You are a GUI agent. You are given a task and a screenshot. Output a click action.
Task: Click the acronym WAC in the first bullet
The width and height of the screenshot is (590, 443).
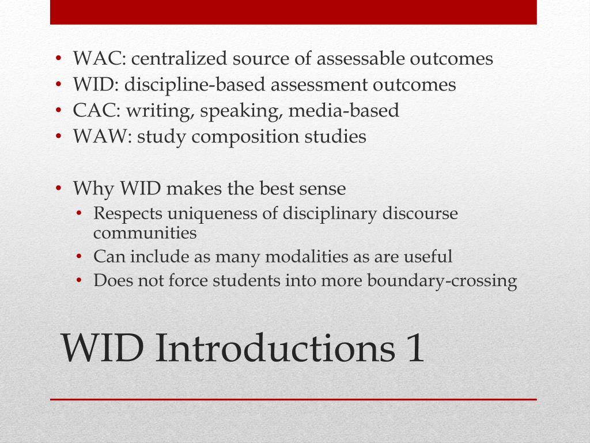tap(93, 59)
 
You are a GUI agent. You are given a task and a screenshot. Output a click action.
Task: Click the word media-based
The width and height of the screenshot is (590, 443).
tap(344, 111)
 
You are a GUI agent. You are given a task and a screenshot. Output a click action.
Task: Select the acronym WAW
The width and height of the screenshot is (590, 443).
tap(94, 137)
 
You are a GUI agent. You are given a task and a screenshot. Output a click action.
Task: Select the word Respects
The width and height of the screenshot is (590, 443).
tap(127, 214)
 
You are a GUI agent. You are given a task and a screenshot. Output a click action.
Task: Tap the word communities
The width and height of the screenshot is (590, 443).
tap(145, 233)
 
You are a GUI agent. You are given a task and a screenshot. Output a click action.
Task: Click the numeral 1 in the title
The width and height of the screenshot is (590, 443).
tap(414, 350)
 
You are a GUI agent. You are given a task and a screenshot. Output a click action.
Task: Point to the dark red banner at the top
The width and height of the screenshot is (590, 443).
tap(293, 12)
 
